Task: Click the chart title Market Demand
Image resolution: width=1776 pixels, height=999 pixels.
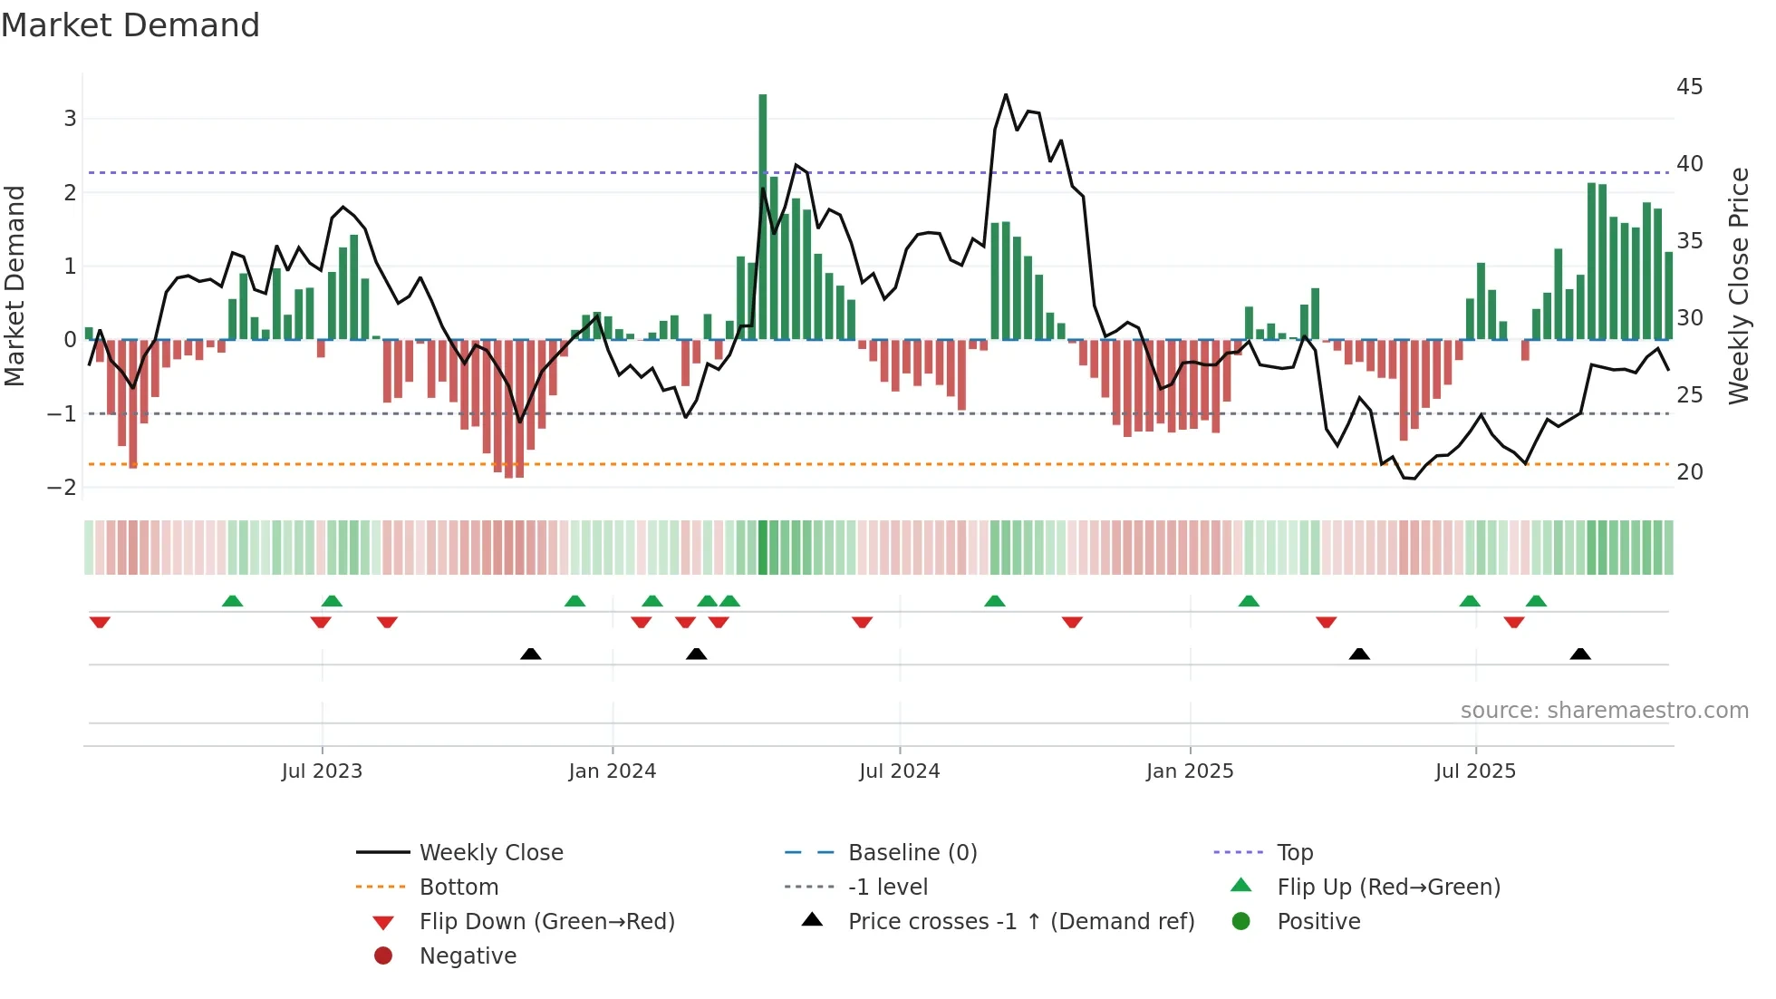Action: point(130,25)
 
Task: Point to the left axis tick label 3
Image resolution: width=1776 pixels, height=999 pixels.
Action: point(70,119)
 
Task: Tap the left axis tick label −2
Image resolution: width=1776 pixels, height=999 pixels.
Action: point(63,488)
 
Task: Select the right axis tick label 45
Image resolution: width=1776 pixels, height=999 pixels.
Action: point(1689,87)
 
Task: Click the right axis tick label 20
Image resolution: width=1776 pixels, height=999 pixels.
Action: point(1689,472)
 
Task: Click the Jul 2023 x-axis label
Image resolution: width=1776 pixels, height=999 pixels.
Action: point(322,771)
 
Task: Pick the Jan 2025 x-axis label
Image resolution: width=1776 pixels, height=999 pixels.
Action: point(1190,771)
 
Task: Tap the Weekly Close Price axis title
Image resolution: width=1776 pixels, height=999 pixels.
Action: point(1738,286)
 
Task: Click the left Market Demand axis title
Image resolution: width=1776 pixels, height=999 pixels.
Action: point(14,286)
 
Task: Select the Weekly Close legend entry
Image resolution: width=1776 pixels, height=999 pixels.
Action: point(491,853)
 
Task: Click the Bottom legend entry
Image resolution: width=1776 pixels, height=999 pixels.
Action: point(458,887)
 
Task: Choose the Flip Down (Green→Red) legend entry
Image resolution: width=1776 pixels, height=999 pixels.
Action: point(546,922)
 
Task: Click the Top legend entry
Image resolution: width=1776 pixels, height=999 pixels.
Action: point(1295,853)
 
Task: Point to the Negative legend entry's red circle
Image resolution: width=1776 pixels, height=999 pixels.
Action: point(383,956)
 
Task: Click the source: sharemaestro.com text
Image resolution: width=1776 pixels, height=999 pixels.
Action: point(1604,711)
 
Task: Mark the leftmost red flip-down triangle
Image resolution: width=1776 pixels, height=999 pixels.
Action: point(100,623)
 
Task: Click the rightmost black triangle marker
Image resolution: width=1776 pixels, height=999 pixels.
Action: point(1580,654)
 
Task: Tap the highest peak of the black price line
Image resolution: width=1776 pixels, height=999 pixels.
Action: point(1006,94)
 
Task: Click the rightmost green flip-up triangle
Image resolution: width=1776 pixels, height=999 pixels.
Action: point(1536,601)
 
